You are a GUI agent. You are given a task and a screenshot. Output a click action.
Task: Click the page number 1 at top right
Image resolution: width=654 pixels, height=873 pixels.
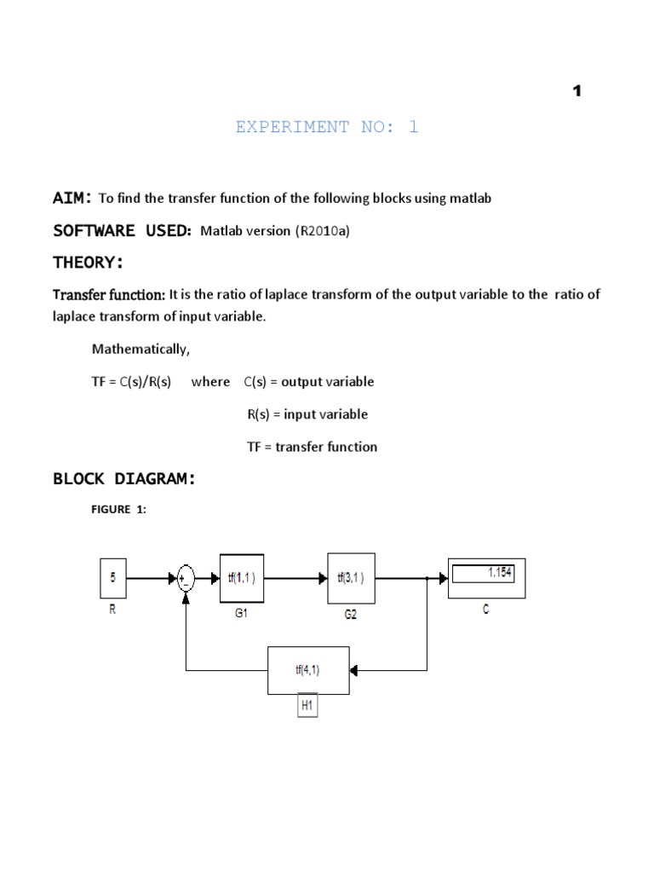tap(577, 91)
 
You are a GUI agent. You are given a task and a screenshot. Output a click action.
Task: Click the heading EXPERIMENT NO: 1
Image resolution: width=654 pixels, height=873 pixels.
tap(327, 127)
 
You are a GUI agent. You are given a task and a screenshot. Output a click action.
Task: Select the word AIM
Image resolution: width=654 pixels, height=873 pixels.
tap(70, 198)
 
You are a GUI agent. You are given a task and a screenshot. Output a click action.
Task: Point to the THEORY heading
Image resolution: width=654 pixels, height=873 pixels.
tap(89, 262)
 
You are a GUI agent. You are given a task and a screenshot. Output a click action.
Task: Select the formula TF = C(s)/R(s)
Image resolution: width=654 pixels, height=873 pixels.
tap(131, 382)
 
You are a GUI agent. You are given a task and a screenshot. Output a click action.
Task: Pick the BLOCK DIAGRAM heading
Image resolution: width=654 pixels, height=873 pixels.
tap(124, 479)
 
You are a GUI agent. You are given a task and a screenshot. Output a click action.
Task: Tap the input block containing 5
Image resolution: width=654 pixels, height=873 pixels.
tap(113, 578)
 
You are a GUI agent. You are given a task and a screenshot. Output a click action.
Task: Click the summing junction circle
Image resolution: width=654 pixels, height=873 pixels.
tap(186, 579)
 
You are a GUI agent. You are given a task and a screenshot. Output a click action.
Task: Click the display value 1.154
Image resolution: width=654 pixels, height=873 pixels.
tap(499, 573)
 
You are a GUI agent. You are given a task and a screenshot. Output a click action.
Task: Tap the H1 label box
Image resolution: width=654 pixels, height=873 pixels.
tap(307, 706)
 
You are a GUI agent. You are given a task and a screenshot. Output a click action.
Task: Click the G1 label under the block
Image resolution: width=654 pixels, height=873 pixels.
tap(241, 614)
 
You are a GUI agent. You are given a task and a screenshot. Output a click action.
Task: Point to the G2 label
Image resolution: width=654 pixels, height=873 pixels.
tap(350, 615)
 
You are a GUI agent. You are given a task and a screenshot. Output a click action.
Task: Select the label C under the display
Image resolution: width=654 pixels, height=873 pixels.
tap(486, 610)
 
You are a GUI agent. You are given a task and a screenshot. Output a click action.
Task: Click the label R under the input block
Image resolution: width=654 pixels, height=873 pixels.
tap(112, 610)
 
